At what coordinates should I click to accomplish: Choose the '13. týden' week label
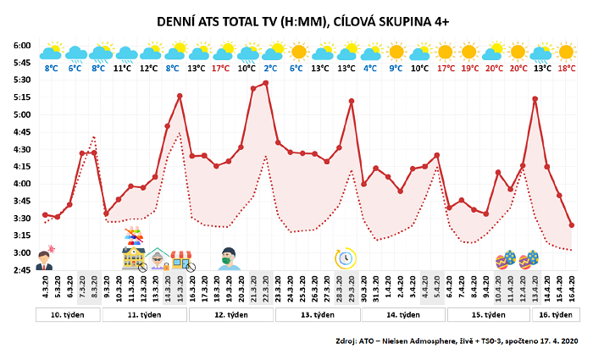(x=314, y=315)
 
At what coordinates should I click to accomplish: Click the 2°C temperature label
(x=271, y=68)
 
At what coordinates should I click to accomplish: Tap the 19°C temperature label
(x=469, y=68)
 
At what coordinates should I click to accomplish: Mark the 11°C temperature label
(x=123, y=68)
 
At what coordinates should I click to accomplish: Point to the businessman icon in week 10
(x=47, y=257)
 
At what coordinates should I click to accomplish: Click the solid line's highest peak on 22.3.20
(x=266, y=82)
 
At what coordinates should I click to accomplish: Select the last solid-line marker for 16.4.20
(x=572, y=225)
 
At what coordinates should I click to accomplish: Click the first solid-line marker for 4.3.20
(x=45, y=214)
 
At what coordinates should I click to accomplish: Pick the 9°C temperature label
(x=396, y=68)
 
